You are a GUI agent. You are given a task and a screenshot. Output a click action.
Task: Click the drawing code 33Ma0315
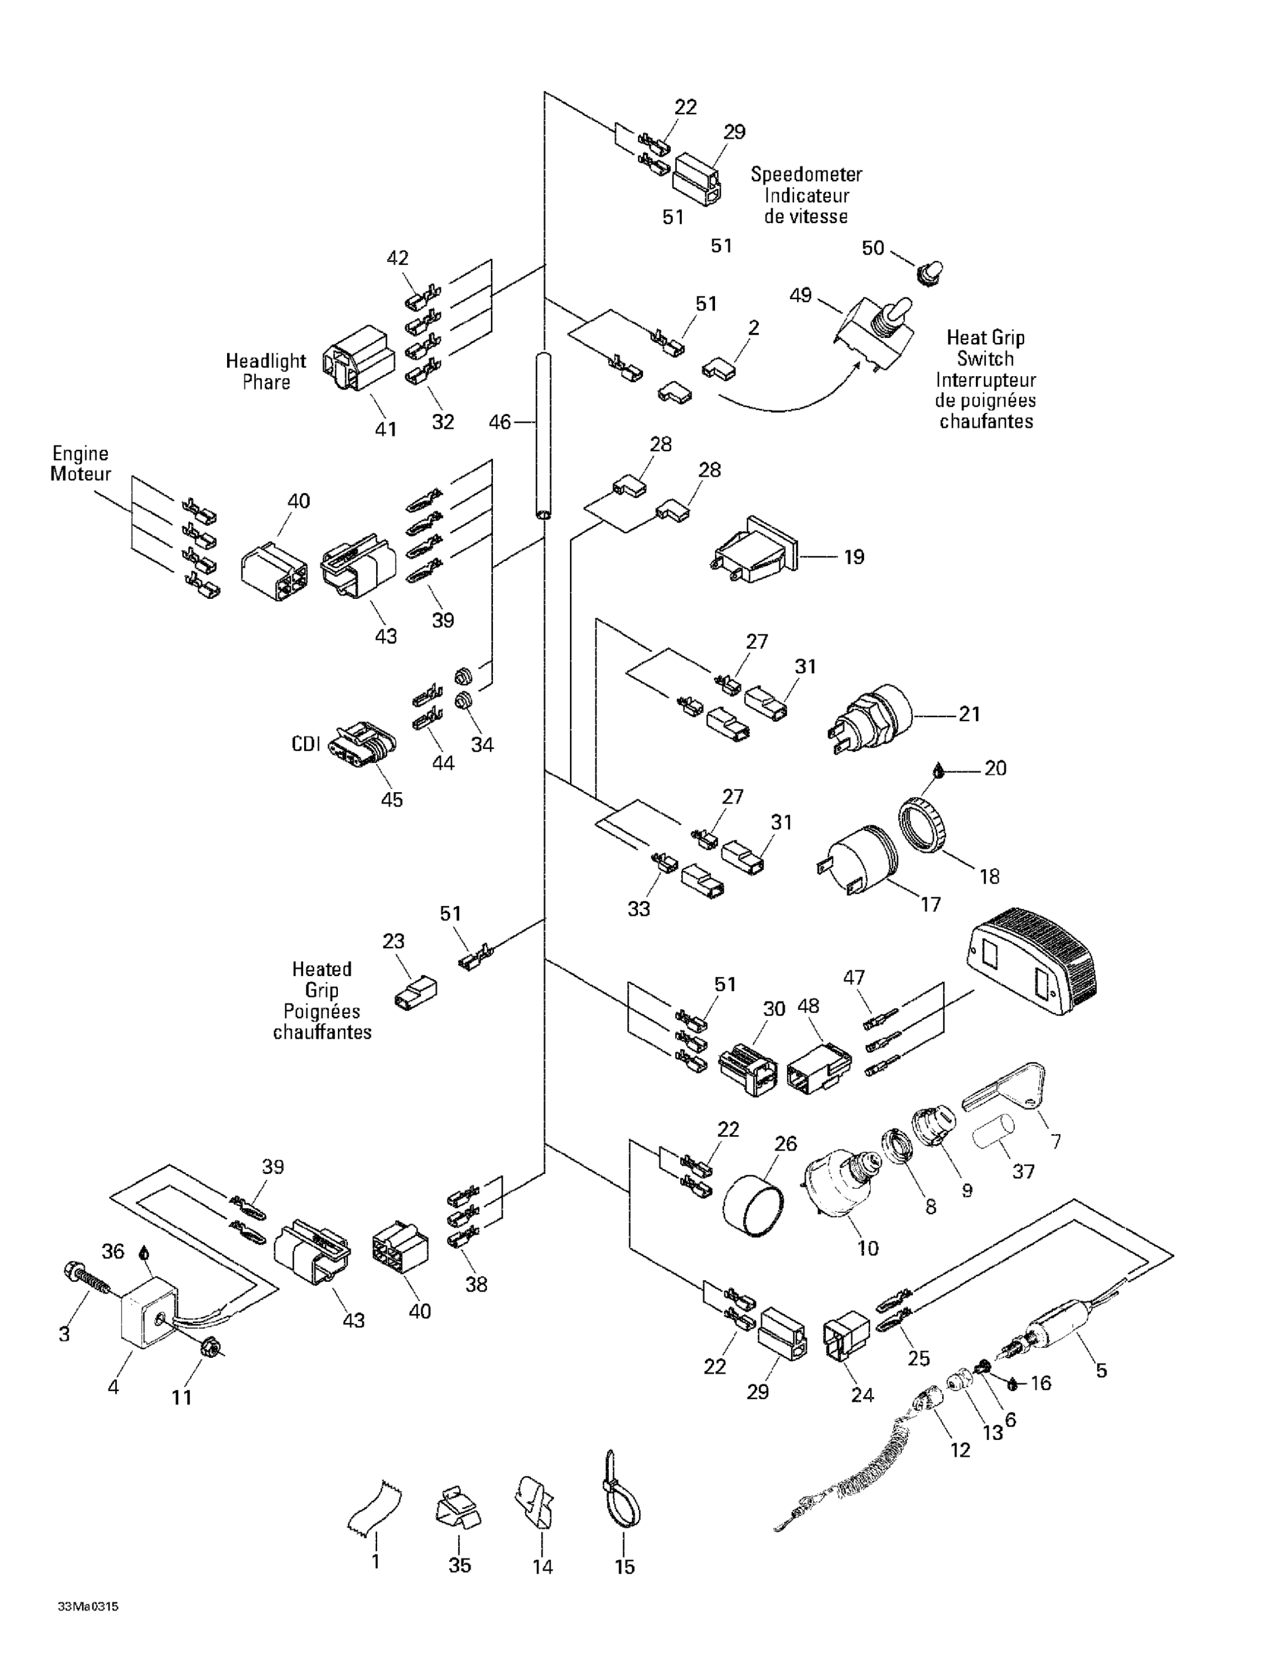[88, 1607]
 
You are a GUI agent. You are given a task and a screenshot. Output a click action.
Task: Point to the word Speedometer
[806, 175]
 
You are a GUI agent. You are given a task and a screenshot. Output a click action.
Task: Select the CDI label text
[305, 743]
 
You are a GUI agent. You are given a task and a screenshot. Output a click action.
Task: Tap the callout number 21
[968, 714]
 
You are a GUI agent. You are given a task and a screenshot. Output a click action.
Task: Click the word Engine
[80, 454]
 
